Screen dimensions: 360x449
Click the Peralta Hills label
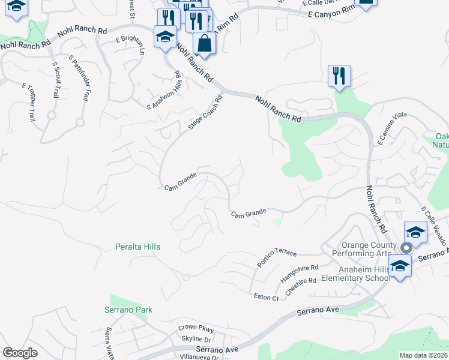point(138,247)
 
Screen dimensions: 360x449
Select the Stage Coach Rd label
point(201,112)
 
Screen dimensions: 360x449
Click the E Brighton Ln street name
point(130,46)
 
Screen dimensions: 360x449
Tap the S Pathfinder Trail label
point(81,79)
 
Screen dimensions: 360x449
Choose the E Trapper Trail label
point(29,103)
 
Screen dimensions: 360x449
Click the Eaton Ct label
point(267,296)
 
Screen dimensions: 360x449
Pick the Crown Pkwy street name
point(196,328)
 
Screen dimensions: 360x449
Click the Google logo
point(20,353)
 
